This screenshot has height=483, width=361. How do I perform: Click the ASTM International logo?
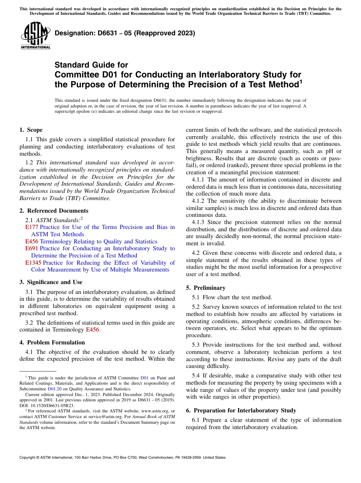35,36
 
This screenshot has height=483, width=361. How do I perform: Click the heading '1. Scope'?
31,130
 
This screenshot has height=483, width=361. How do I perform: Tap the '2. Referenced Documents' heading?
54,211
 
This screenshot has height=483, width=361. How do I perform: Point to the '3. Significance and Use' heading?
51,282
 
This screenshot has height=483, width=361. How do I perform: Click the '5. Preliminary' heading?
206,288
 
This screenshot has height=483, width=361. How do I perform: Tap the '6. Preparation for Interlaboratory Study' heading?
241,410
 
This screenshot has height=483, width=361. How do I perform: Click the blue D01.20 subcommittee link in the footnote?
54,389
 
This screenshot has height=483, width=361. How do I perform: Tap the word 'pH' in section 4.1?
329,151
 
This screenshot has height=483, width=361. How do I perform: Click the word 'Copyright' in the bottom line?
28,458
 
